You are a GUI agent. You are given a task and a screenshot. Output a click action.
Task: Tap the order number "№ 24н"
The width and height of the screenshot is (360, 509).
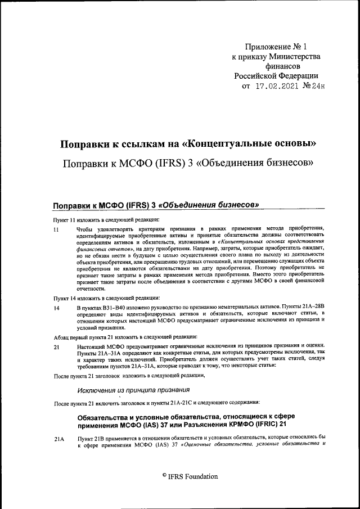(314, 87)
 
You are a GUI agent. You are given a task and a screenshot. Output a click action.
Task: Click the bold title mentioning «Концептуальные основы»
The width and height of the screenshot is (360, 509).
(188, 144)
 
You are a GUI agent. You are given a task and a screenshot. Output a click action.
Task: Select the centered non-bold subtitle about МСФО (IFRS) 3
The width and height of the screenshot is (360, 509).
(188, 164)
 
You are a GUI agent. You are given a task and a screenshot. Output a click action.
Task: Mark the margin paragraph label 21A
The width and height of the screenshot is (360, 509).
(58, 437)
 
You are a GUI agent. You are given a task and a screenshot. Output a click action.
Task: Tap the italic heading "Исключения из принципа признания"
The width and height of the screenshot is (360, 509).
(133, 389)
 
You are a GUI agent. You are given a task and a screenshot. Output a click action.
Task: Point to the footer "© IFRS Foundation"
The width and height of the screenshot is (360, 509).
(190, 476)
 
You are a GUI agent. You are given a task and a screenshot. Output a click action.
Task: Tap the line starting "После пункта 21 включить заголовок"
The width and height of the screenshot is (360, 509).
(156, 403)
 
